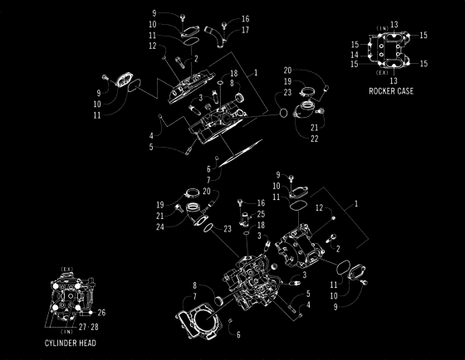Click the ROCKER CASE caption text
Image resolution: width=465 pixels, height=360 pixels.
coord(392,90)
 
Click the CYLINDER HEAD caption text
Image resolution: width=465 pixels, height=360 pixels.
coord(70,343)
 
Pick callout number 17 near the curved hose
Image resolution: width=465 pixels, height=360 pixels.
coord(246,30)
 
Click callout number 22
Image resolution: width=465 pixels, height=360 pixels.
coord(314,139)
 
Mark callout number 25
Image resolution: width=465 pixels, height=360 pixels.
coord(261,214)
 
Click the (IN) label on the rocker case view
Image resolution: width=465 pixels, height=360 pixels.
coord(383,27)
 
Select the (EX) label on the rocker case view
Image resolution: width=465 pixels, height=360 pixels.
coord(383,73)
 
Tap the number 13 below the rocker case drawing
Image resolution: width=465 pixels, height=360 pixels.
coord(394,80)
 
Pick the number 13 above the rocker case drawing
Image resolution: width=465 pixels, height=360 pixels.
coord(394,24)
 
